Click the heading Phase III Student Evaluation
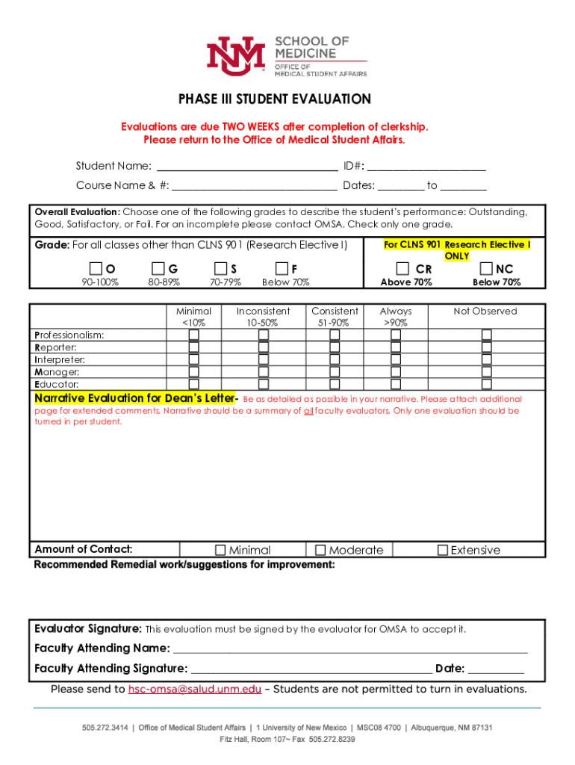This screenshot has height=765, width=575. [274, 99]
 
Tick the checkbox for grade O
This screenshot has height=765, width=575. [96, 268]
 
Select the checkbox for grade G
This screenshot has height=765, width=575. [158, 268]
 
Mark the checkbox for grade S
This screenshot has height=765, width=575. [220, 268]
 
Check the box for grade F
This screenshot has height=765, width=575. [282, 268]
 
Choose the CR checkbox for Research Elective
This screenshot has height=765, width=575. [402, 268]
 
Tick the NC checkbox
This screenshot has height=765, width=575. [487, 268]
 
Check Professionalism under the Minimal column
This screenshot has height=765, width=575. [193, 335]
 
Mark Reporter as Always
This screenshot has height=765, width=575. [396, 347]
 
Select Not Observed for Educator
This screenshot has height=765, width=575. [486, 384]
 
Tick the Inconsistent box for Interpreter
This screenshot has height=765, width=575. [264, 359]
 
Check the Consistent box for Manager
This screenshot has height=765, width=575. [335, 371]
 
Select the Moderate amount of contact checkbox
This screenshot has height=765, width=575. [321, 551]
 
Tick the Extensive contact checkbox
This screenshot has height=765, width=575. [443, 551]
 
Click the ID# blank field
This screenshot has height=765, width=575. [426, 167]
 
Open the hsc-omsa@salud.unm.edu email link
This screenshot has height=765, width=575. [195, 690]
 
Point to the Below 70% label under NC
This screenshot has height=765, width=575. [497, 282]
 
